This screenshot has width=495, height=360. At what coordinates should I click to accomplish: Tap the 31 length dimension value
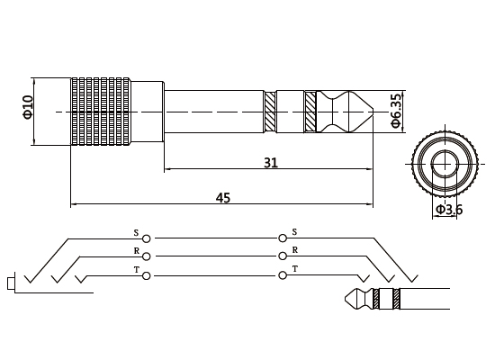point(270,163)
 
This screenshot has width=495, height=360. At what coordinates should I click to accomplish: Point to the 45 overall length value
point(222,197)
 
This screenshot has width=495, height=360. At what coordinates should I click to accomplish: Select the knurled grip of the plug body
point(101,111)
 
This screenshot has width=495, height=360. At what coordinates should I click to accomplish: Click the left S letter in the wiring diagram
point(136,232)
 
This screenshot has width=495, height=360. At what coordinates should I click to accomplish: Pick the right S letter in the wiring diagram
point(294,232)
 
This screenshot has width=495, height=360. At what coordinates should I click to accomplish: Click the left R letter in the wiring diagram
point(136,251)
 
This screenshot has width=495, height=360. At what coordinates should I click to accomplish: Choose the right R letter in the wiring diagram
point(294,251)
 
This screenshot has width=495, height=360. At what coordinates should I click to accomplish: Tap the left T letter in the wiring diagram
point(136,270)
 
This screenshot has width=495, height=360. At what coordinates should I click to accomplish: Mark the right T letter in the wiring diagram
point(294,270)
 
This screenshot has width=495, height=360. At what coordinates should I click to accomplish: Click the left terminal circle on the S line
point(147,238)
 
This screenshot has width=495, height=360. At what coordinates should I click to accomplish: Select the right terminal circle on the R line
point(283,256)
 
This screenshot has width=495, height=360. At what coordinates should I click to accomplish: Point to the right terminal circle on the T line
point(283,275)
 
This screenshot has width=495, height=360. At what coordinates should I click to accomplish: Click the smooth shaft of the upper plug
point(213,111)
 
